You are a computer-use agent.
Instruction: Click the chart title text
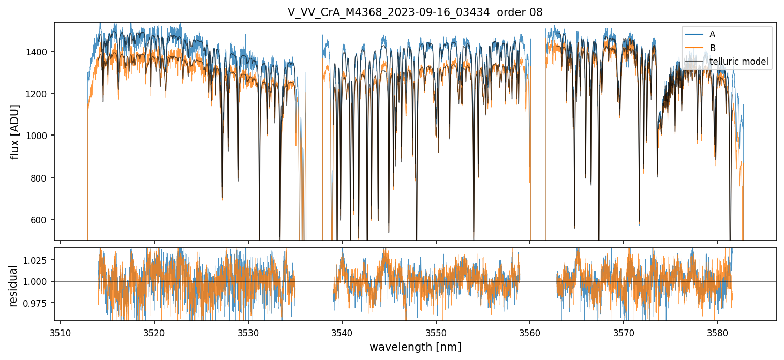pyautogui.click(x=415, y=12)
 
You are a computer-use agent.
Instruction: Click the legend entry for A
pyautogui.click(x=712, y=34)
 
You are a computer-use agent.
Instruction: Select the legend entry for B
pyautogui.click(x=712, y=48)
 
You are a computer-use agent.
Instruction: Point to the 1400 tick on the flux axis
pyautogui.click(x=40, y=52)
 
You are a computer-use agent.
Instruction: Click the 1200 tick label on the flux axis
pyautogui.click(x=40, y=94)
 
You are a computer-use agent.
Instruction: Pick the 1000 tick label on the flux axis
pyautogui.click(x=40, y=136)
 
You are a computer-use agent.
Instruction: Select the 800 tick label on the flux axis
pyautogui.click(x=42, y=178)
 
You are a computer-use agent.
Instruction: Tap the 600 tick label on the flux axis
pyautogui.click(x=42, y=220)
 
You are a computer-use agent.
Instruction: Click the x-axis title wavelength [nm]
pyautogui.click(x=415, y=347)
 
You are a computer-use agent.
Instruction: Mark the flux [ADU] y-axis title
pyautogui.click(x=15, y=131)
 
